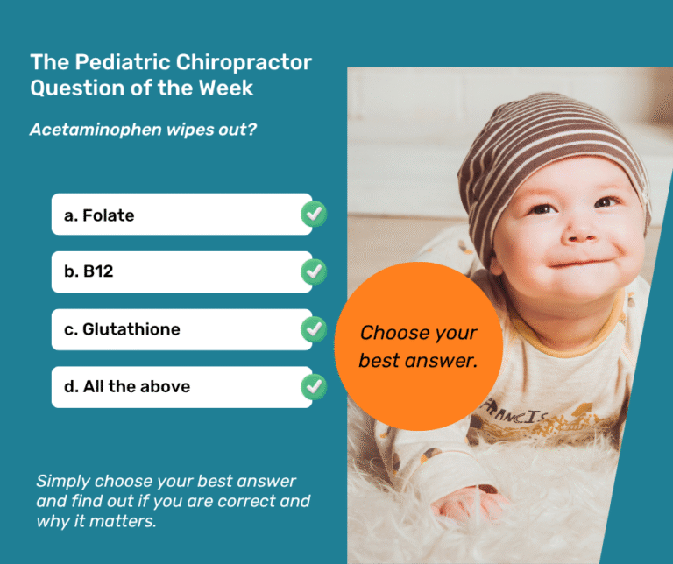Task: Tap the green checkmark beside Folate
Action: coord(314,214)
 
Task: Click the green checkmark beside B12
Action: coord(314,271)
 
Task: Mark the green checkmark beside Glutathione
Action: coord(314,329)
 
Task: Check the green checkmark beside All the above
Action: coord(314,386)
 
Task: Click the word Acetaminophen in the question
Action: coord(85,130)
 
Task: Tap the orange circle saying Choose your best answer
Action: coord(419,346)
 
